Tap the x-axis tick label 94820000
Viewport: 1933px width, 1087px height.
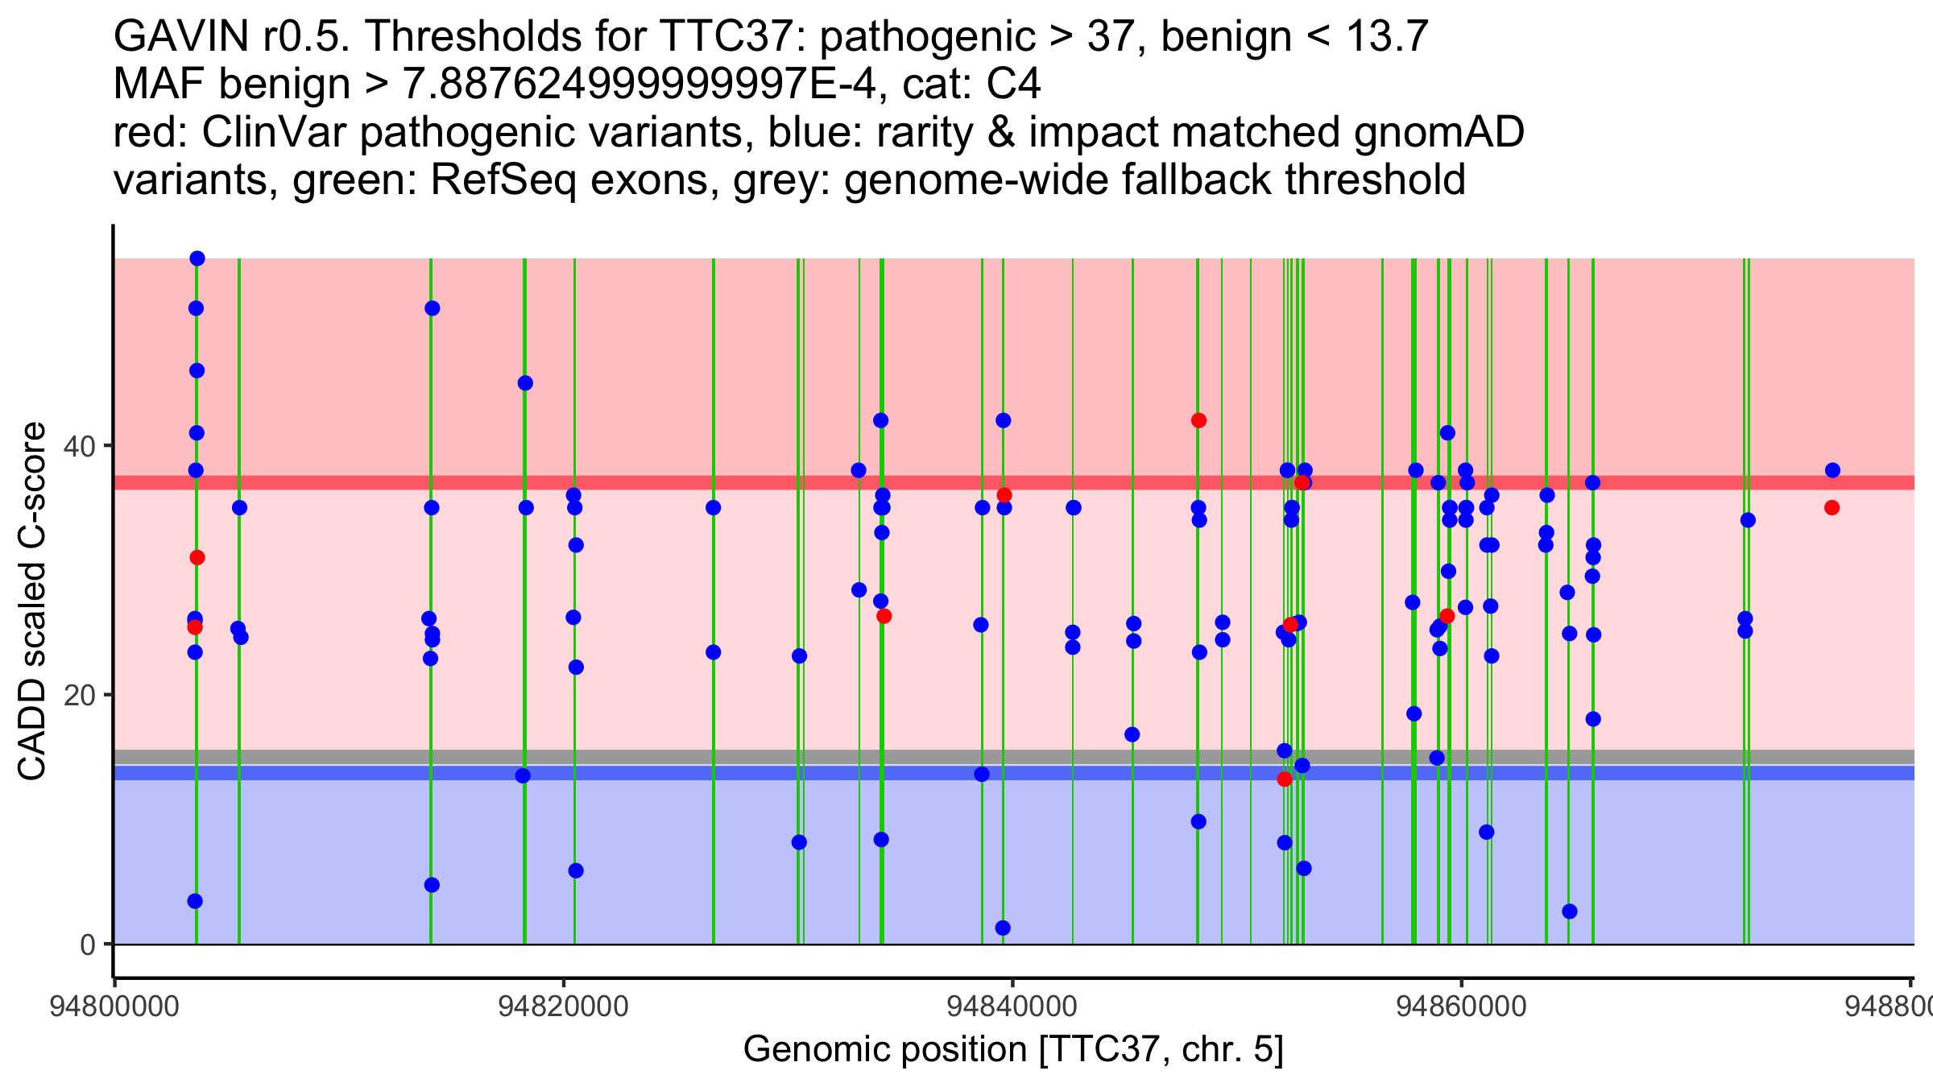pos(563,1007)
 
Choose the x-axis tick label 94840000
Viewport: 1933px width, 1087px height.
pos(1012,1007)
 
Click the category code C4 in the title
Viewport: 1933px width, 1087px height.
pos(1013,84)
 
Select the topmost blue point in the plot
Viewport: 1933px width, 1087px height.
pos(197,258)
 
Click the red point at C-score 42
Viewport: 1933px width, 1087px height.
pos(1198,420)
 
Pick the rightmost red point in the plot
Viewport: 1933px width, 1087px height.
pos(1832,507)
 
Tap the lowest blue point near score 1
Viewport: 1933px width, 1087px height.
pos(1003,928)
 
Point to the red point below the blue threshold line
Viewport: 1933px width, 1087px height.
pos(1285,779)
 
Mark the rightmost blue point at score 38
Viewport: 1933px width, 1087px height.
pos(1832,470)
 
